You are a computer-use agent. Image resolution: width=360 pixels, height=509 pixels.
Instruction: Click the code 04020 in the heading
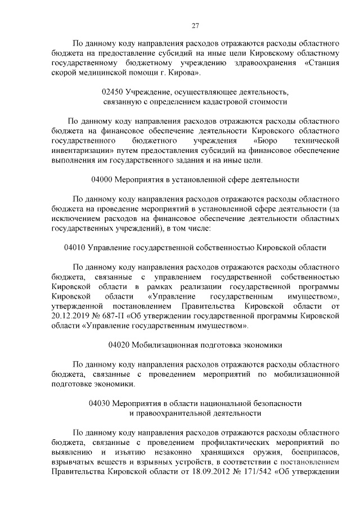119,344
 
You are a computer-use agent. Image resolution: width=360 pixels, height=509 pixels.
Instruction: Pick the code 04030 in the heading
100,403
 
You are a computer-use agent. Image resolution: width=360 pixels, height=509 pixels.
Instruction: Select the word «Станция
322,62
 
